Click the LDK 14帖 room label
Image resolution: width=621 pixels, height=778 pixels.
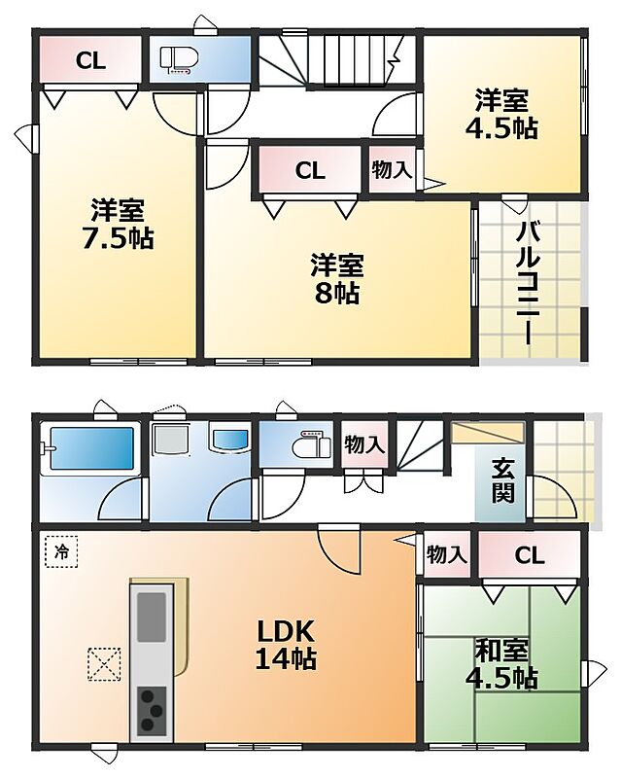click(x=286, y=645)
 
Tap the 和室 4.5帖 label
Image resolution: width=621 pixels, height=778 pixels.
click(x=500, y=665)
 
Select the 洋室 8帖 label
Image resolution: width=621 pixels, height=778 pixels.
click(x=337, y=279)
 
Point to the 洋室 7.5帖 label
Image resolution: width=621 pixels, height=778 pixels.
click(x=117, y=225)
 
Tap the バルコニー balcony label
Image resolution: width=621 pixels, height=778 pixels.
click(x=528, y=283)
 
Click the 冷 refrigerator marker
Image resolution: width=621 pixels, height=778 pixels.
click(x=62, y=550)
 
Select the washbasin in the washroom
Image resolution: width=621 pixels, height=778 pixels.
click(x=229, y=439)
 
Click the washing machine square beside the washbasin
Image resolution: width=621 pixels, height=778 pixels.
click(x=172, y=439)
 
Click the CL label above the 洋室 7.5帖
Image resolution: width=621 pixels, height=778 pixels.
click(x=90, y=61)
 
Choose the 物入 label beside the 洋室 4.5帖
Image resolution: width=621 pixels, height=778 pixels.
click(x=392, y=169)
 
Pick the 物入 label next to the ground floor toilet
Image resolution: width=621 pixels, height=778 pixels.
click(x=364, y=444)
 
